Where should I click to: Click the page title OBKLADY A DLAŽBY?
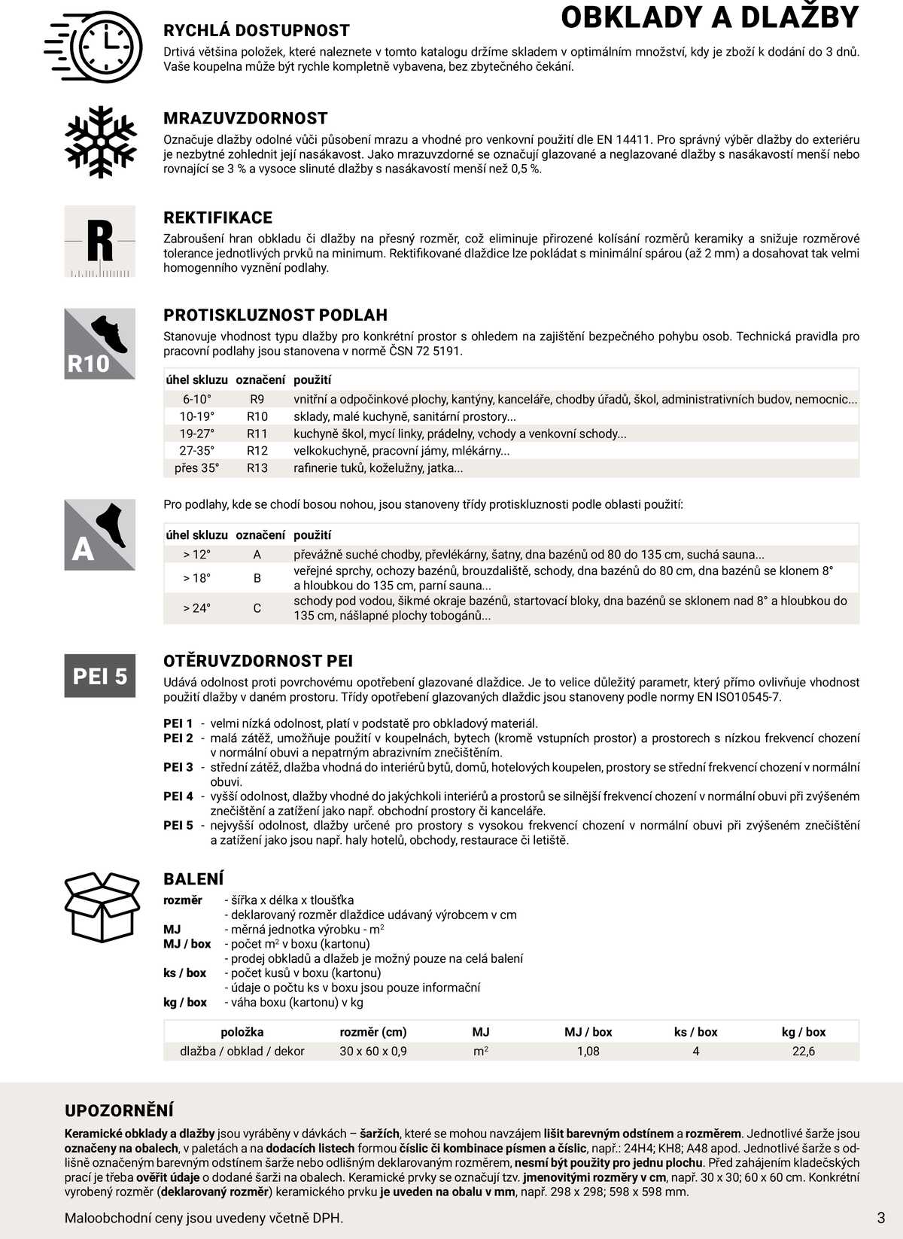pyautogui.click(x=709, y=17)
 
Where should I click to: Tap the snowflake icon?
pyautogui.click(x=100, y=142)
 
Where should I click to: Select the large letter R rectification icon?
pyautogui.click(x=100, y=242)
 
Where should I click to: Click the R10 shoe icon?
pyautogui.click(x=100, y=343)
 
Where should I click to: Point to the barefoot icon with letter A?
pyautogui.click(x=100, y=534)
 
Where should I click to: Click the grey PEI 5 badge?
pyautogui.click(x=100, y=676)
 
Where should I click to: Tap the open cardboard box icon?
pyautogui.click(x=102, y=907)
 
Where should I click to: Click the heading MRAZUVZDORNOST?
pyautogui.click(x=245, y=118)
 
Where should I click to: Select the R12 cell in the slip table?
pyautogui.click(x=257, y=451)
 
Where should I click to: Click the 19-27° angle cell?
pyautogui.click(x=196, y=434)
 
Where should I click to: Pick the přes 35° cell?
pyautogui.click(x=196, y=468)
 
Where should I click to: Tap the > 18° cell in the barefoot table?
pyautogui.click(x=196, y=578)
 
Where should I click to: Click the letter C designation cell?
pyautogui.click(x=257, y=608)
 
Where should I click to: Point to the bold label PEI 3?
pyautogui.click(x=178, y=767)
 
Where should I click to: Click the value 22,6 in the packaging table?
pyautogui.click(x=804, y=1051)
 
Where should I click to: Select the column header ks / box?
pyautogui.click(x=696, y=1032)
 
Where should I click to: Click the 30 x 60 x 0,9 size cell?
pyautogui.click(x=373, y=1051)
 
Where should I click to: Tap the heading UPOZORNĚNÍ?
pyautogui.click(x=119, y=1110)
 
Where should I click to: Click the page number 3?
pyautogui.click(x=881, y=1217)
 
